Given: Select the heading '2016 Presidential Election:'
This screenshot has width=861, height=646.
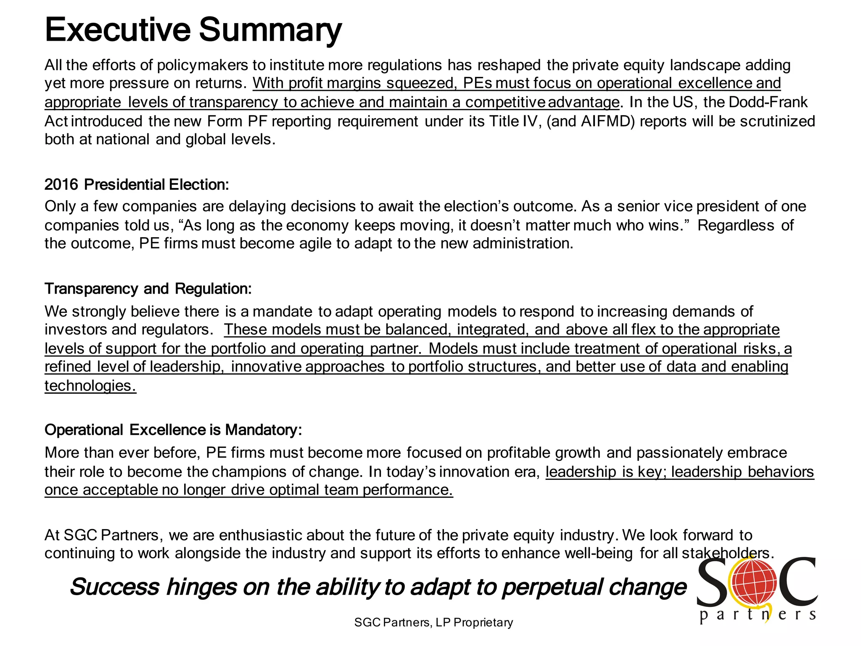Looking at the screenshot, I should coord(137,185).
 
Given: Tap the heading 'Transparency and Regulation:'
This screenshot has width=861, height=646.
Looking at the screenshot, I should coord(148,289).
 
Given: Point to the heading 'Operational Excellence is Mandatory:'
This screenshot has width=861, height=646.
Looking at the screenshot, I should coord(173,430).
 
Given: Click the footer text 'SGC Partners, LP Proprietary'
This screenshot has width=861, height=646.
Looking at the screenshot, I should coord(433,622).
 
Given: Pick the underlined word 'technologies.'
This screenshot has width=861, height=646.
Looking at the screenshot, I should coord(90,386).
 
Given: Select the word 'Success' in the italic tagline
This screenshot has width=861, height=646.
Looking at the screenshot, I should coord(115,587).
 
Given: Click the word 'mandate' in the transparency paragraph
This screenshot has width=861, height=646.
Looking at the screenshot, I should coord(283,311).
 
